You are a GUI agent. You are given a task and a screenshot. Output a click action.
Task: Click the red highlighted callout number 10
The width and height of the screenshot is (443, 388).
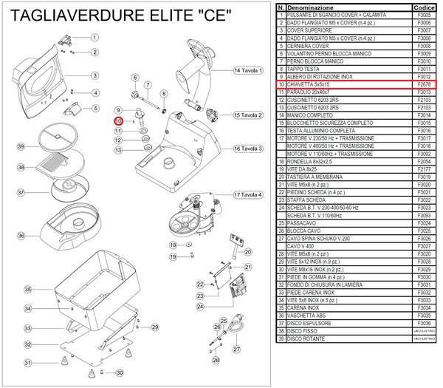(x=118, y=121)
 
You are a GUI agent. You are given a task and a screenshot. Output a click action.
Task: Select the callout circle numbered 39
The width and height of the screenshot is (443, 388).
(x=21, y=147)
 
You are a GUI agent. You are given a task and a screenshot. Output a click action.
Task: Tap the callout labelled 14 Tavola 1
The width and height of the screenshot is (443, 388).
(x=248, y=70)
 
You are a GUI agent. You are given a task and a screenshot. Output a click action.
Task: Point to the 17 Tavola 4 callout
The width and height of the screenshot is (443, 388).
(x=248, y=195)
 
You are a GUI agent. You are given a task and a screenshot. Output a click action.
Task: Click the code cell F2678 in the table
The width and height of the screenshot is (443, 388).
(x=424, y=86)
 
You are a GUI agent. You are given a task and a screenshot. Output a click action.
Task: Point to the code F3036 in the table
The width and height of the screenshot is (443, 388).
(x=424, y=323)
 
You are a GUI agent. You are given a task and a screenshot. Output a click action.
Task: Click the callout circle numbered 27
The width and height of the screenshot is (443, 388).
(x=236, y=350)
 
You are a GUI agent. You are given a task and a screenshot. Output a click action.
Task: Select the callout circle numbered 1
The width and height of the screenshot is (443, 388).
(x=95, y=37)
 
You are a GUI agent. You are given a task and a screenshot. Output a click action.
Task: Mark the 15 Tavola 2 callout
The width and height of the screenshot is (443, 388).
(x=248, y=115)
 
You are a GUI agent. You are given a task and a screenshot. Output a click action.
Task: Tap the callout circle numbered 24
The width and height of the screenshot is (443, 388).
(x=199, y=305)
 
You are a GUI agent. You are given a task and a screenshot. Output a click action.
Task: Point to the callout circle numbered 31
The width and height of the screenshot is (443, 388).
(x=28, y=363)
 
